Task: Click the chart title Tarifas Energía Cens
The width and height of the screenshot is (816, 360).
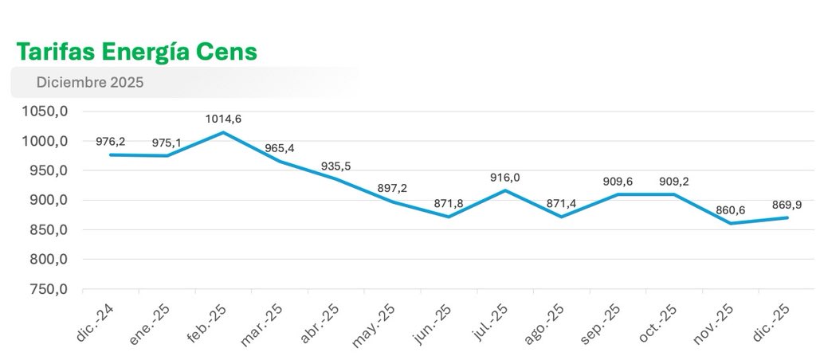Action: point(137,52)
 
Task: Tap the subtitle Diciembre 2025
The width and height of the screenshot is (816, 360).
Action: point(89,82)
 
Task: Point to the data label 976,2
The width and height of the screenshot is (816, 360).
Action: point(111,141)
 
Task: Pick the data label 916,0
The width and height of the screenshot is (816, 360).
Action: point(506,178)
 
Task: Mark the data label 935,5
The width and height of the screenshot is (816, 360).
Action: point(335,166)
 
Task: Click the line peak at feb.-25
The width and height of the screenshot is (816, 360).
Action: point(222,132)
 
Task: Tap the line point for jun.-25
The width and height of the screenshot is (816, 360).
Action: point(449,217)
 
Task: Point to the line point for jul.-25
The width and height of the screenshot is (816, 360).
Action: point(506,190)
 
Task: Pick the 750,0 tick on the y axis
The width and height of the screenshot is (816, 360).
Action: point(45,289)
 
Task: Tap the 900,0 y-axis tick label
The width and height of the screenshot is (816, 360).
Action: point(45,200)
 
